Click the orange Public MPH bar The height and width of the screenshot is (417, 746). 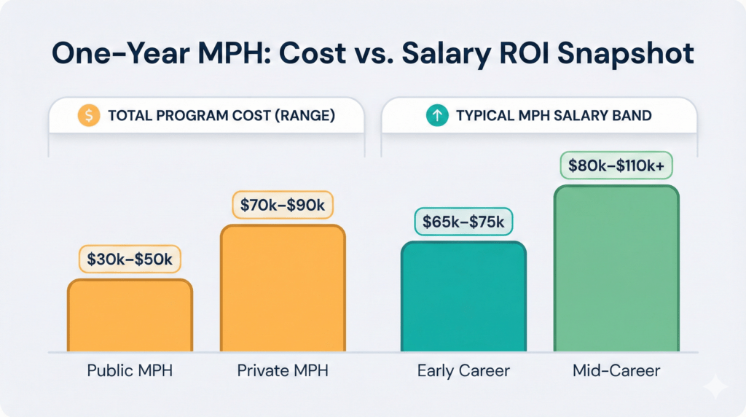tap(130, 315)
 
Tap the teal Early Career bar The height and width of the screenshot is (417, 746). tap(463, 297)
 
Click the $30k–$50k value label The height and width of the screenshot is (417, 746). tap(130, 259)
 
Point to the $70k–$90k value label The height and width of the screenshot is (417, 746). tap(283, 206)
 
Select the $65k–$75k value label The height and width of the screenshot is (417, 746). tap(463, 222)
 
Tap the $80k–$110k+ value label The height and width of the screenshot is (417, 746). tap(616, 165)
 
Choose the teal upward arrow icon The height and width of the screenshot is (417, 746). tap(437, 115)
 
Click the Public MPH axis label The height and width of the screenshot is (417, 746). tap(130, 370)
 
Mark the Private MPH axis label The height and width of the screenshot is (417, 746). tap(283, 370)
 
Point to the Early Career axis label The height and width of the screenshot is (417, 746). tap(463, 370)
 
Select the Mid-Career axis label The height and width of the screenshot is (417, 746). tap(616, 370)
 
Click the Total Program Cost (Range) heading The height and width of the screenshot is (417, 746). tap(221, 115)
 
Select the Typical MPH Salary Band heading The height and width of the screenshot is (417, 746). tap(554, 115)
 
